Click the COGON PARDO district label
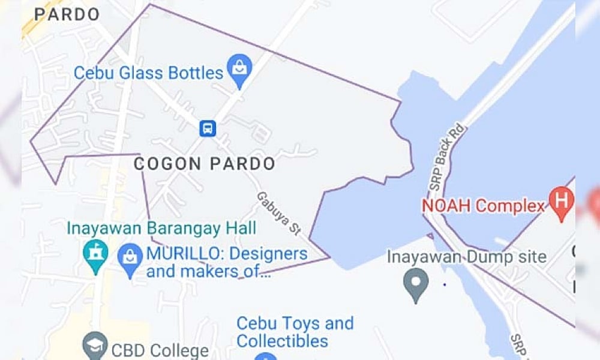point(204,164)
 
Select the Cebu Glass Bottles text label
point(148,73)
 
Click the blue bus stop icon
point(208,128)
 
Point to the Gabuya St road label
point(278,213)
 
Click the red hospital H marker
point(562,199)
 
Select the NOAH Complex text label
point(484,206)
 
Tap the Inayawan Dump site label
point(466,257)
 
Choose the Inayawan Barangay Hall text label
point(161,229)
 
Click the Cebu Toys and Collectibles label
point(295,332)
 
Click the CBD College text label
point(159,350)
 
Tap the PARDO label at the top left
point(67,14)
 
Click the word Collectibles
point(282,341)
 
